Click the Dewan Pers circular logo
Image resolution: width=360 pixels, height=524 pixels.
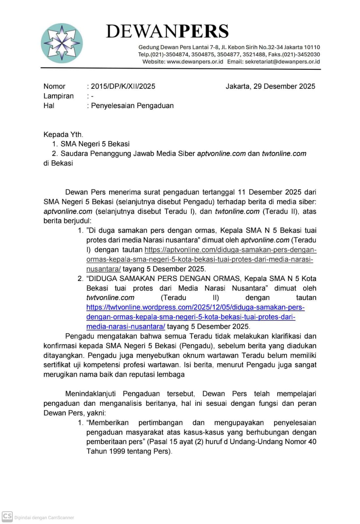(x=62, y=43)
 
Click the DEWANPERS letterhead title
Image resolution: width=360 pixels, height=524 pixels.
(x=167, y=31)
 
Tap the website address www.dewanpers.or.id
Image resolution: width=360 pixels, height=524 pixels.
(x=195, y=62)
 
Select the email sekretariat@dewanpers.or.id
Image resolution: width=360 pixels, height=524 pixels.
(x=282, y=62)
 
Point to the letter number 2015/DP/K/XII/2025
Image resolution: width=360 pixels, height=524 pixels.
(x=123, y=86)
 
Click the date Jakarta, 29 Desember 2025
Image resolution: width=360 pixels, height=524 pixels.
(x=270, y=86)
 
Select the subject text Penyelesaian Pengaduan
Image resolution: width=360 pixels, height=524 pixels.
(x=132, y=106)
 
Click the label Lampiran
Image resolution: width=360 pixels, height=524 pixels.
(x=59, y=96)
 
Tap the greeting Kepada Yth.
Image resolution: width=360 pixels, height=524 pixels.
(x=63, y=135)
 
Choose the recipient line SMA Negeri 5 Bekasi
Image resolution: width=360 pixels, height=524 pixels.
(x=95, y=144)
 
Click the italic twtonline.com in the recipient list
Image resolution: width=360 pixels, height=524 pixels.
(x=284, y=154)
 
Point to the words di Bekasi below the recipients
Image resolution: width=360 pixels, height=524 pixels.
(x=58, y=163)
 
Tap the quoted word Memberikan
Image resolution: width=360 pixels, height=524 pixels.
(x=109, y=423)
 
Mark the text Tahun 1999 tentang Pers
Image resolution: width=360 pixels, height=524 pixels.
(x=129, y=451)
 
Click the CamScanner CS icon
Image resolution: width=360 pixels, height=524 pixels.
(x=7, y=517)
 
